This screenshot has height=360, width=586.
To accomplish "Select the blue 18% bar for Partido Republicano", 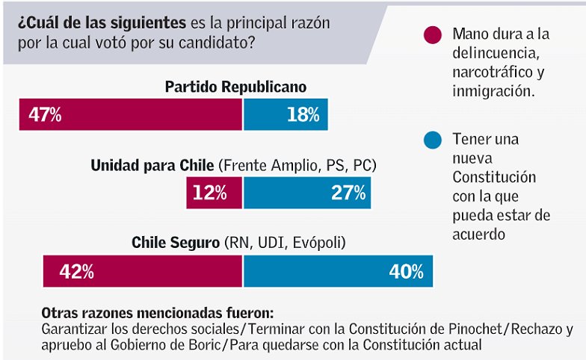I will [x=286, y=114].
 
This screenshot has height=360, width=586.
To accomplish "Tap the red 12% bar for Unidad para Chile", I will [x=215, y=193].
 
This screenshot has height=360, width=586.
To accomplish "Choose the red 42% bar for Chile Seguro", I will [x=143, y=271].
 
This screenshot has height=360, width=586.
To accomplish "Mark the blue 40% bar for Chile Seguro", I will [x=338, y=271].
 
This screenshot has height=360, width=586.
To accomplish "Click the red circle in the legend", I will [x=432, y=35].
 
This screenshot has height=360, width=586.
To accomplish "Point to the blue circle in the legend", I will [x=432, y=140].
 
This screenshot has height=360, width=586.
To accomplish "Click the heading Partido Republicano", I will [x=235, y=87].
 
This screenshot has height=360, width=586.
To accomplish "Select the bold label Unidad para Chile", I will [x=152, y=165].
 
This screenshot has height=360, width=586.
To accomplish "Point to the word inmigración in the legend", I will [x=493, y=92].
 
